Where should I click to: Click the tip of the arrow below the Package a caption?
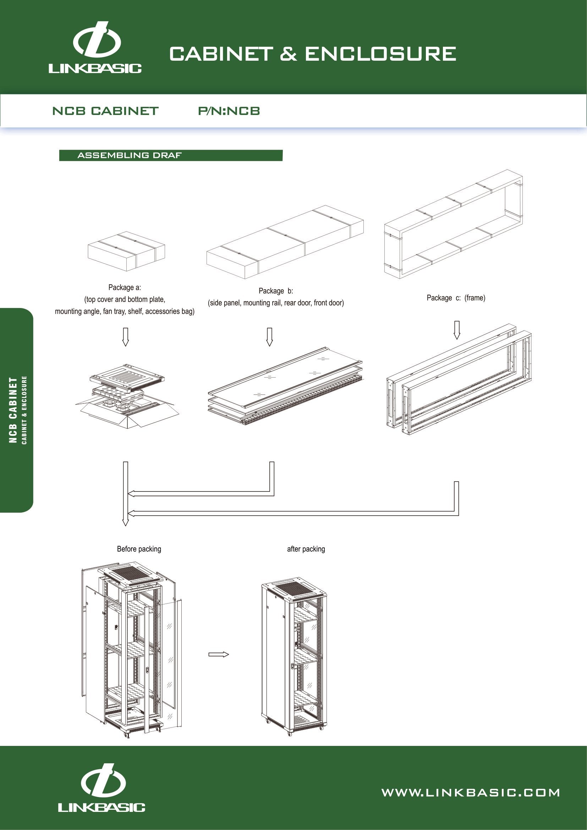coord(125,346)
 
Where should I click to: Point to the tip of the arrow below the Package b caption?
coord(269,346)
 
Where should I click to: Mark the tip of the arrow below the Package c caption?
coord(457,340)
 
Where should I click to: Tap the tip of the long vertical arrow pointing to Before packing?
coord(125,526)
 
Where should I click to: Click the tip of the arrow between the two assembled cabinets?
coord(229,654)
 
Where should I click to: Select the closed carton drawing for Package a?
coord(126,251)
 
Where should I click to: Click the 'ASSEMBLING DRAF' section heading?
coord(130,155)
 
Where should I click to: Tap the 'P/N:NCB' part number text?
coord(229,111)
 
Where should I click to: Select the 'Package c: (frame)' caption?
coord(456,298)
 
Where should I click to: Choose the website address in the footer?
coord(471,793)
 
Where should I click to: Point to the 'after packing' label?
coord(306,549)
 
